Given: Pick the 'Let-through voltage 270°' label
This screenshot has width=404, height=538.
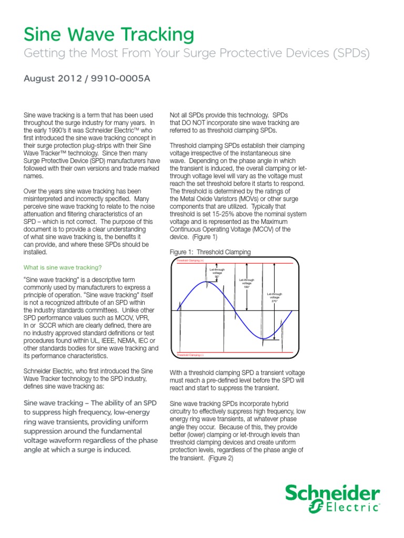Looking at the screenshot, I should (x=275, y=297).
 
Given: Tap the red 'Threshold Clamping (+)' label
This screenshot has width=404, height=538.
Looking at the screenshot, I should (x=189, y=261).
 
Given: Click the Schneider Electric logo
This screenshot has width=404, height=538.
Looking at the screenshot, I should (x=332, y=499).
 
